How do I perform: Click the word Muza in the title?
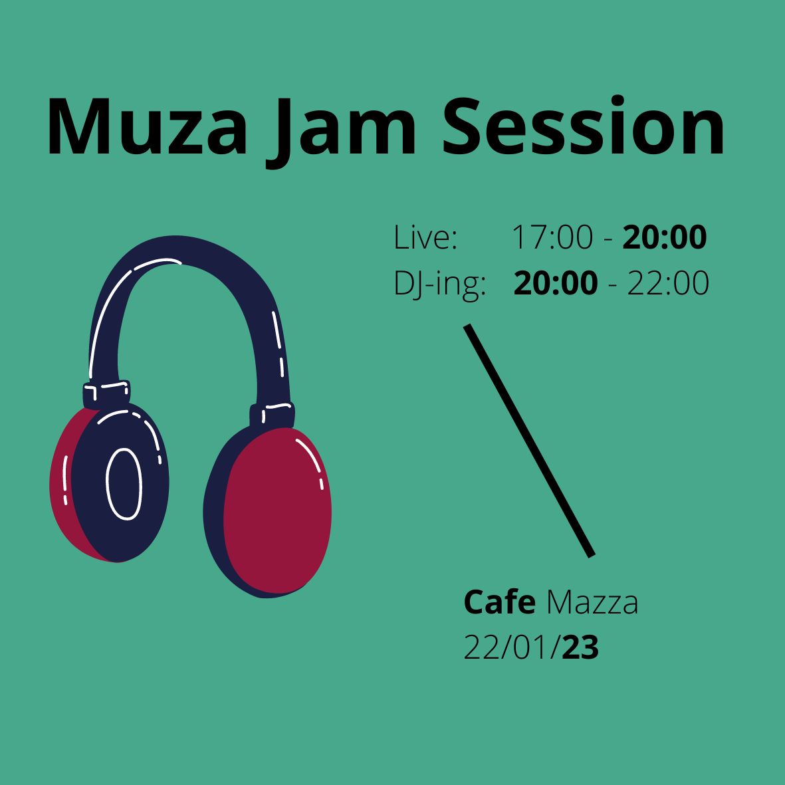point(147,127)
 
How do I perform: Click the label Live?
point(425,237)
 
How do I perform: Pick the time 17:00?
point(552,237)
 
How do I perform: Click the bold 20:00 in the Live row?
point(664,237)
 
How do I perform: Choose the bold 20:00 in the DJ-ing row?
point(556,283)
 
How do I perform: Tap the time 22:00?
point(668,283)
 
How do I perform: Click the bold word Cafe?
point(499,602)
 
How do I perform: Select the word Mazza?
point(592,602)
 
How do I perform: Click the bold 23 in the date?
point(580,647)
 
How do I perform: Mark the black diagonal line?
point(529,441)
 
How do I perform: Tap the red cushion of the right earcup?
point(277,510)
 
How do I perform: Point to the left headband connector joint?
point(106,394)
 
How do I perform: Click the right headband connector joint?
point(272,415)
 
